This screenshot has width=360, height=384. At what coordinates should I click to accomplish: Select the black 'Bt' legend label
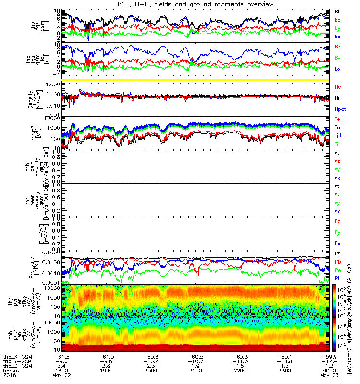coord(337,11)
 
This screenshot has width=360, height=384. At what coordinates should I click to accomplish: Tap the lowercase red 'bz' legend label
coord(337,20)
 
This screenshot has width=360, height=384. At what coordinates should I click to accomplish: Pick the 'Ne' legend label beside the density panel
coord(337,87)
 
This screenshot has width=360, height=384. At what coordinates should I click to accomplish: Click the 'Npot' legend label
coord(339,109)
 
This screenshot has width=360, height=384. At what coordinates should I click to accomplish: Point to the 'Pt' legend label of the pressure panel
coord(337,252)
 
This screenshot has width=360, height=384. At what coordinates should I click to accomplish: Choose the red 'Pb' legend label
coord(337,262)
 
